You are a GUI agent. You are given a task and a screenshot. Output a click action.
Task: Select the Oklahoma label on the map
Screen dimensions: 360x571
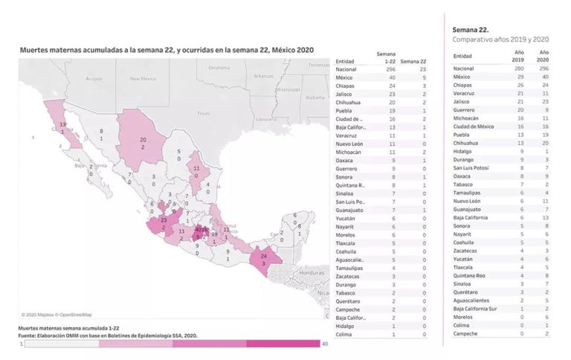(219, 68)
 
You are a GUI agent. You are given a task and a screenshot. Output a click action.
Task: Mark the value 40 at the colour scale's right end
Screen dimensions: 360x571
(325, 344)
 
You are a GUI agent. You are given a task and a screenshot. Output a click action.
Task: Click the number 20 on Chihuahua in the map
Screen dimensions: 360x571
(142, 139)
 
